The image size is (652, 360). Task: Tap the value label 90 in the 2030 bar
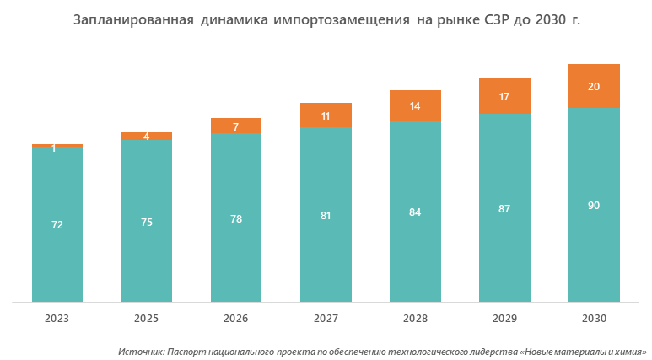pyautogui.click(x=594, y=205)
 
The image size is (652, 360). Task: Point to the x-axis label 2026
pyautogui.click(x=236, y=320)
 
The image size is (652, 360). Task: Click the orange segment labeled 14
pyautogui.click(x=415, y=105)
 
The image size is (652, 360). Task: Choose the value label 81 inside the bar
pyautogui.click(x=326, y=215)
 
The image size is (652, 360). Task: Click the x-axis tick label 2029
pyautogui.click(x=504, y=320)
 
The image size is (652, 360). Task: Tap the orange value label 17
pyautogui.click(x=504, y=96)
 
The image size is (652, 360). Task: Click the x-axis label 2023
pyautogui.click(x=57, y=320)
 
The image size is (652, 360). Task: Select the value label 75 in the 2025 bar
pyautogui.click(x=147, y=222)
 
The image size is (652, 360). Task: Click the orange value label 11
pyautogui.click(x=326, y=116)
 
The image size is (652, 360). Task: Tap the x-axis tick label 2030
pyautogui.click(x=594, y=320)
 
